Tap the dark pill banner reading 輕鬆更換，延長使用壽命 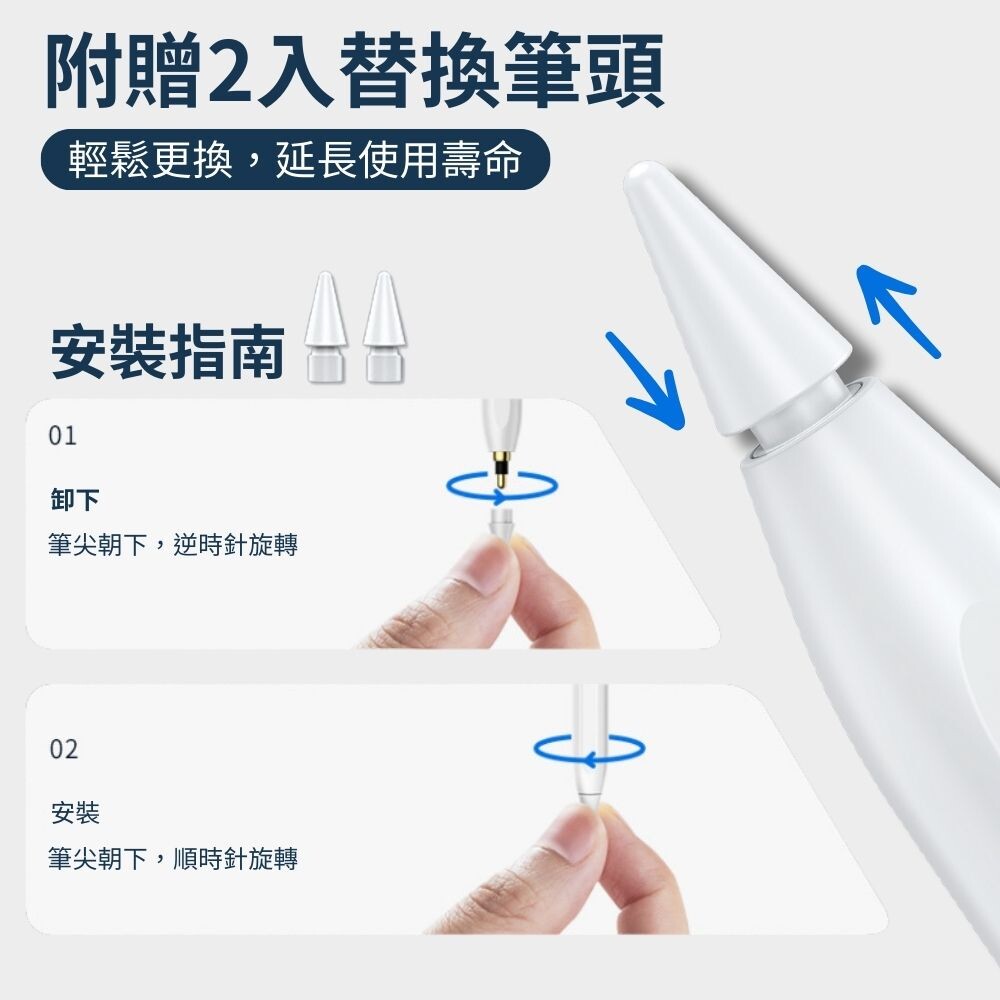[295, 159]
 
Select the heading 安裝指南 [167, 351]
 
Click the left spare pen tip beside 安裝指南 [326, 327]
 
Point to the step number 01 [62, 436]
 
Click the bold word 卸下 [75, 499]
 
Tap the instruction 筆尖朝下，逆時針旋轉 [173, 545]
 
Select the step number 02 [64, 749]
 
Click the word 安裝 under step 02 [75, 813]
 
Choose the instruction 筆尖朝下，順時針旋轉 [173, 858]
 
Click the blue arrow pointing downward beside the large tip [644, 381]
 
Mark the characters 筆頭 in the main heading [584, 71]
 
